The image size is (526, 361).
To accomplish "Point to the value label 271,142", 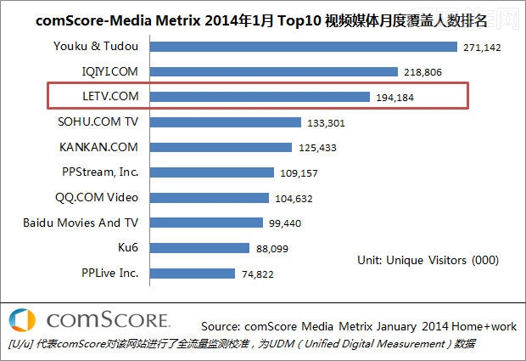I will (x=483, y=48).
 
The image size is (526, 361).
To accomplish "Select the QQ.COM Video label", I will (x=98, y=197).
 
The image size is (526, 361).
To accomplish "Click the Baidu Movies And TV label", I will (x=81, y=223).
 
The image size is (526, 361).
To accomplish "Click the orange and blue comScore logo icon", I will (x=22, y=321).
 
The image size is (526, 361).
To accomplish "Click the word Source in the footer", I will (x=220, y=325).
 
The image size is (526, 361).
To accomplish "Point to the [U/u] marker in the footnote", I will (x=18, y=344).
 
